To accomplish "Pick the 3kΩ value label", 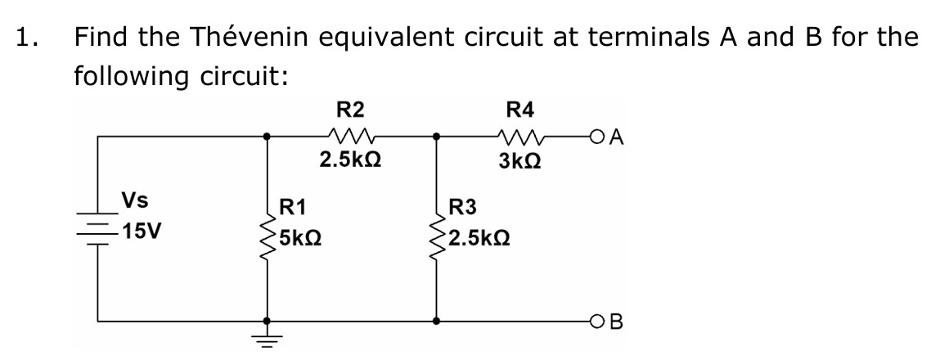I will click(x=517, y=162).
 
